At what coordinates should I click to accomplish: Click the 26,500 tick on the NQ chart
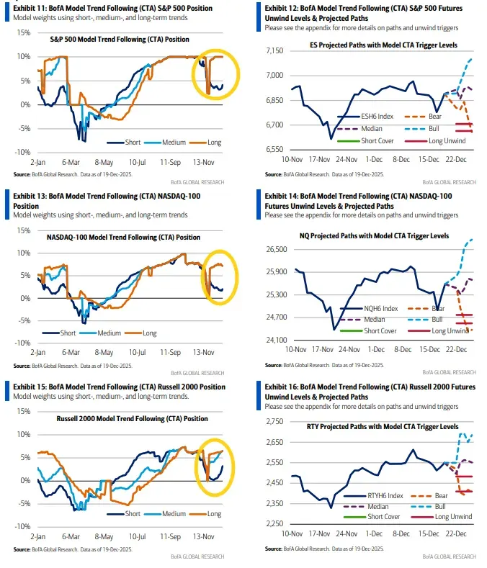pos(276,249)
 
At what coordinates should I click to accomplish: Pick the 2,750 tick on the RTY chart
pos(277,420)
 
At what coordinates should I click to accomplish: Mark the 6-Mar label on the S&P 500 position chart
pos(69,163)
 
